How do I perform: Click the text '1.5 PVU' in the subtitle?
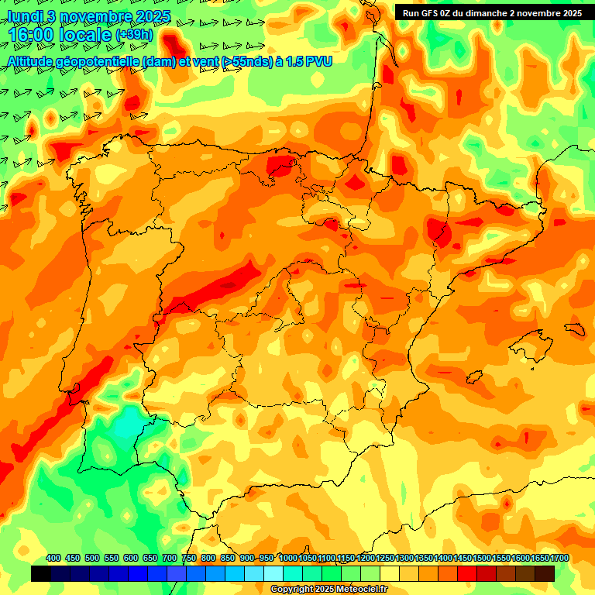pyautogui.click(x=308, y=61)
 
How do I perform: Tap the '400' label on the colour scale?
pyautogui.click(x=53, y=558)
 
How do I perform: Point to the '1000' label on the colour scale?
pyautogui.click(x=287, y=558)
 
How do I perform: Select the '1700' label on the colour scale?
pyautogui.click(x=539, y=558)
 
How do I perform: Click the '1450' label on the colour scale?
pyautogui.click(x=462, y=558)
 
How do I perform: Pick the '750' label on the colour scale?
pyautogui.click(x=189, y=558)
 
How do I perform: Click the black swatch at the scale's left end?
pyautogui.click(x=40, y=573)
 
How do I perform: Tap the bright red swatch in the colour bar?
pyautogui.click(x=467, y=573)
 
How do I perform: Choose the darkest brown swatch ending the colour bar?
pyautogui.click(x=545, y=573)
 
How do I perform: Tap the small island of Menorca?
pyautogui.click(x=574, y=329)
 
